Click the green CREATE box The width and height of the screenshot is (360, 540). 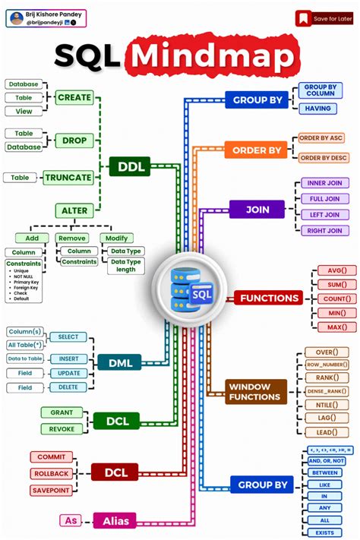coord(74,97)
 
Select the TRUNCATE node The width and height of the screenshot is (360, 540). coord(68,178)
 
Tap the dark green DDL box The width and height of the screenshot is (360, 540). coord(130,166)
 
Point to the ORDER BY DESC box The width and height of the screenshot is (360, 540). coord(322,157)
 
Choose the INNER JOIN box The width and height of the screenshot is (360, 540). coord(324,184)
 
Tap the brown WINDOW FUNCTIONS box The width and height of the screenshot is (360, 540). coord(256,392)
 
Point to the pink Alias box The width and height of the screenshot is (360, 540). coord(114,520)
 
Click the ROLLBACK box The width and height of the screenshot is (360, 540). coord(52,474)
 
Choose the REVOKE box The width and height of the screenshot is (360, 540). coord(62,428)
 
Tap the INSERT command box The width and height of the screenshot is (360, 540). coord(68,358)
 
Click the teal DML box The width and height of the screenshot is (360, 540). coord(120,363)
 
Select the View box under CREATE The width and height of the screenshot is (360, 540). coord(24,111)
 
